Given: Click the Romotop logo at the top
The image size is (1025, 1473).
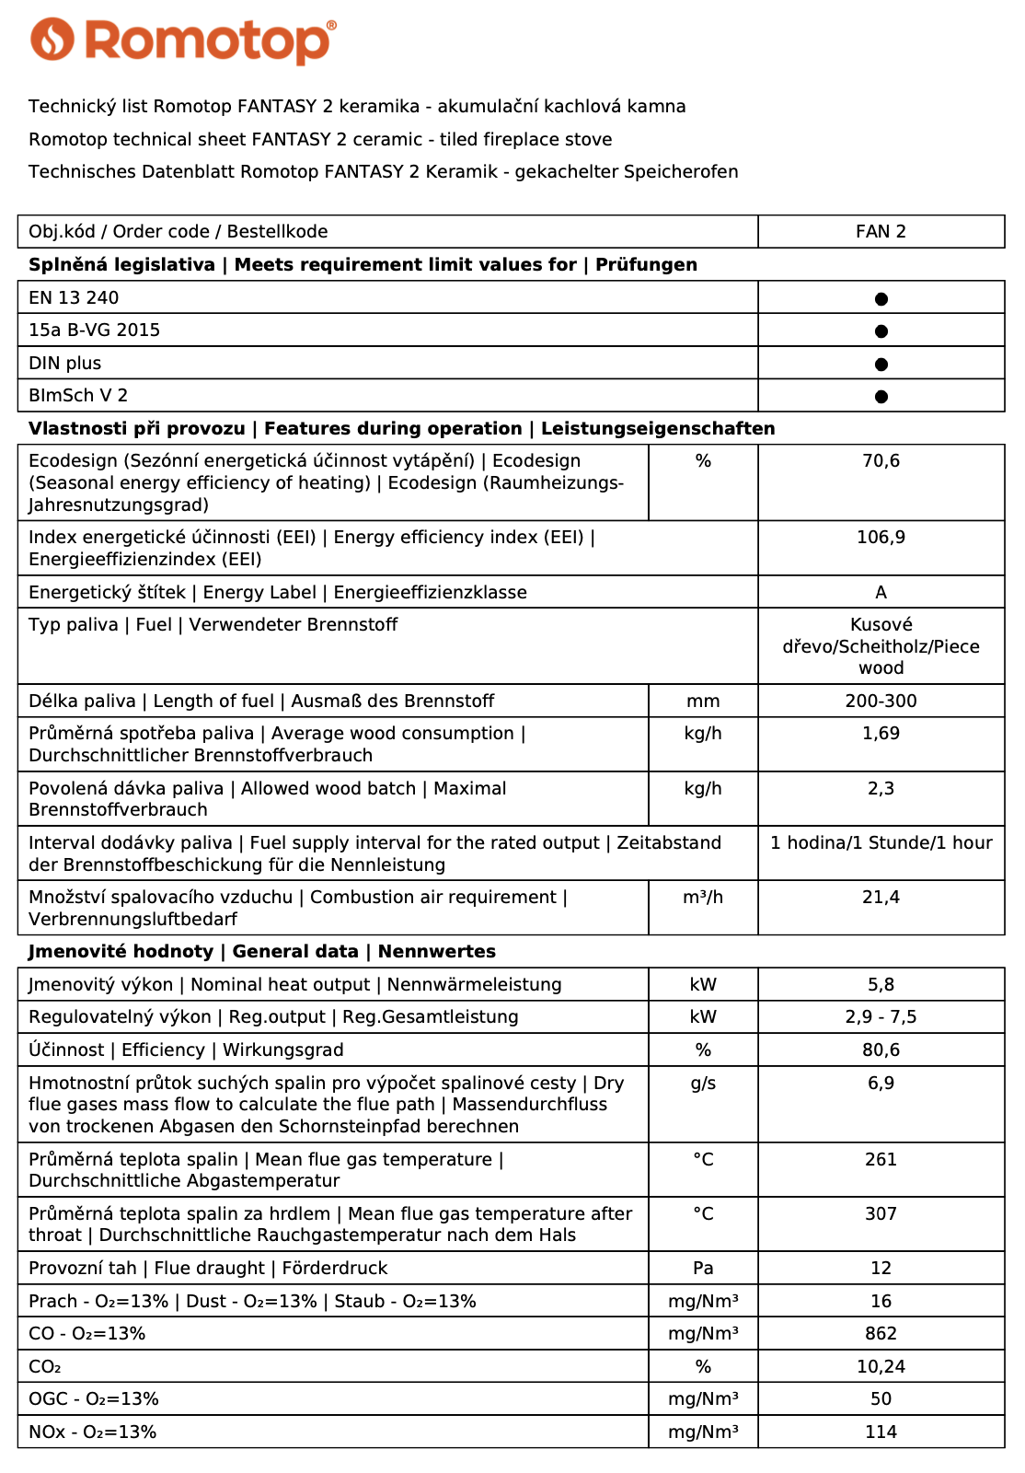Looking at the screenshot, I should coord(183,41).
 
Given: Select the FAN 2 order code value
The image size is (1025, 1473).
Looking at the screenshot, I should coord(881,232).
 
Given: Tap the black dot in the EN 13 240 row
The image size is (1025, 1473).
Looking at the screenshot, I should coord(881,298).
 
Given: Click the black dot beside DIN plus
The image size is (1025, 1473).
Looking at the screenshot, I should coord(881,365).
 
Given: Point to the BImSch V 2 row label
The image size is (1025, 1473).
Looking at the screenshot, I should coord(78,396).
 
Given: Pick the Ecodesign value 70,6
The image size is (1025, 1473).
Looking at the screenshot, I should coord(881,461).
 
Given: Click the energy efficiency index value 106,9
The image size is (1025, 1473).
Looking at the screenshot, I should coord(881,538).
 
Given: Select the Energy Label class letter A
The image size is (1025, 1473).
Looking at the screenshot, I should coord(881,593).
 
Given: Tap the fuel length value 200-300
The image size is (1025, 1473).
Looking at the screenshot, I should coord(881,702).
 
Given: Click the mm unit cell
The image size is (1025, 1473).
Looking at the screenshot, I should coord(703,702).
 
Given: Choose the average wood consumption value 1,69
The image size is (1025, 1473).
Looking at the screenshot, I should coord(881,734).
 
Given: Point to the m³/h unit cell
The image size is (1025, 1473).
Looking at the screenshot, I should coord(703,898).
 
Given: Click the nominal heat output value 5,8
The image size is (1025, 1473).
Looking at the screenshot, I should coord(881,985).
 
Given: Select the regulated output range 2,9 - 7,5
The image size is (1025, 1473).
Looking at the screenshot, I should coord(881,1017).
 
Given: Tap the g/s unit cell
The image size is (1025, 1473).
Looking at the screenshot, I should coord(703,1084).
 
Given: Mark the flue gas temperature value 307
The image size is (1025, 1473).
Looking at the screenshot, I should coord(881,1214).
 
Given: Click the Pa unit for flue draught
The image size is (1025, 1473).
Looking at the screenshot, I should coord(703,1269).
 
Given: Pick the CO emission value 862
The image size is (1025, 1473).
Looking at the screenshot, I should coord(881,1334).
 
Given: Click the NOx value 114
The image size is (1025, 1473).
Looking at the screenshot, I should coord(881,1432).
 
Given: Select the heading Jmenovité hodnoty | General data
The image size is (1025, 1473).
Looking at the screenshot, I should coord(262,952).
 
